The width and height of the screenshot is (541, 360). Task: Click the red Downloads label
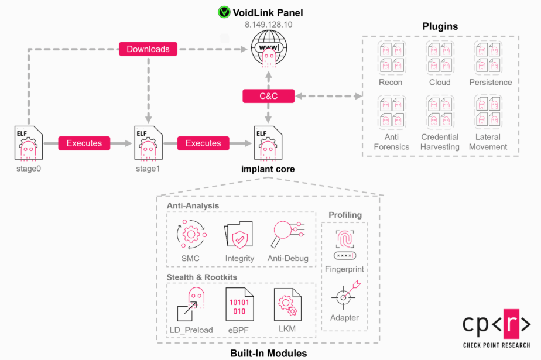pos(148,49)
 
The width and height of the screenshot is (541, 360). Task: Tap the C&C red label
pos(268,96)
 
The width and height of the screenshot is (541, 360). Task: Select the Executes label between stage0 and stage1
pos(84,143)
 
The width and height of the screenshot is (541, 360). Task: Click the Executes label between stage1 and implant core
pos(203,143)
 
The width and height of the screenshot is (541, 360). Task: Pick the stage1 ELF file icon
pos(148,143)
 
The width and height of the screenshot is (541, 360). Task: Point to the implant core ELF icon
pos(268,143)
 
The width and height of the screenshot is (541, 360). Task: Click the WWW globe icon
pos(268,49)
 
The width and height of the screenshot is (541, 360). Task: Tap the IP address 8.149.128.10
pos(268,25)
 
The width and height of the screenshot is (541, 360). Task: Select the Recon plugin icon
pos(391,57)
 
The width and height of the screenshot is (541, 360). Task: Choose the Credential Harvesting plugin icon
pos(440,112)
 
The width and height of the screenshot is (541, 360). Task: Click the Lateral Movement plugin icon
pos(488,112)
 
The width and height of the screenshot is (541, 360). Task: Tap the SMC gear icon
pos(191,235)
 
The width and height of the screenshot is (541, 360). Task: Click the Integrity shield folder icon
pos(239,236)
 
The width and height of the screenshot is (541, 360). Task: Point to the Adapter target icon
pos(345,296)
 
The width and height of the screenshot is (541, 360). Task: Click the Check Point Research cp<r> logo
pos(497,324)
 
